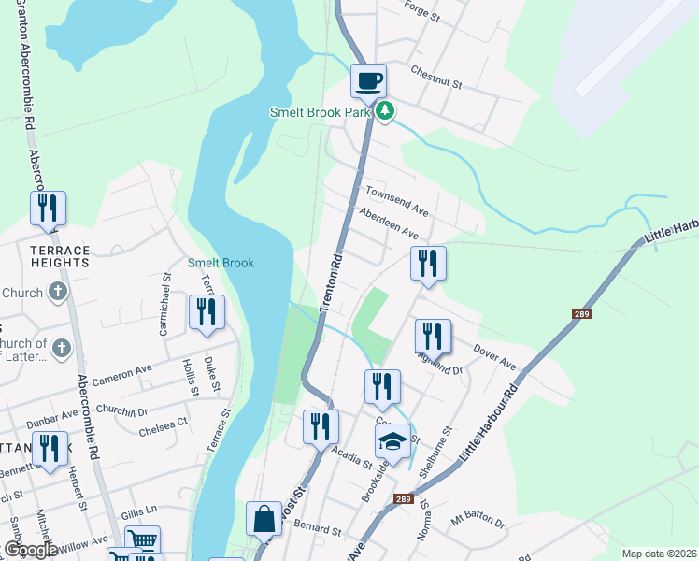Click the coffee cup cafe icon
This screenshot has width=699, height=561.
[368, 80]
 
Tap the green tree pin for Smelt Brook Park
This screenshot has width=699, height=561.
[385, 112]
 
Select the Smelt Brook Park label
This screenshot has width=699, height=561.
[321, 112]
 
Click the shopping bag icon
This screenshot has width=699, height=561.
[264, 518]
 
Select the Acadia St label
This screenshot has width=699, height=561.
[353, 455]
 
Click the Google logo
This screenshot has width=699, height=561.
[31, 550]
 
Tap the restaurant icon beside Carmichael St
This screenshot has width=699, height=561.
[207, 312]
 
